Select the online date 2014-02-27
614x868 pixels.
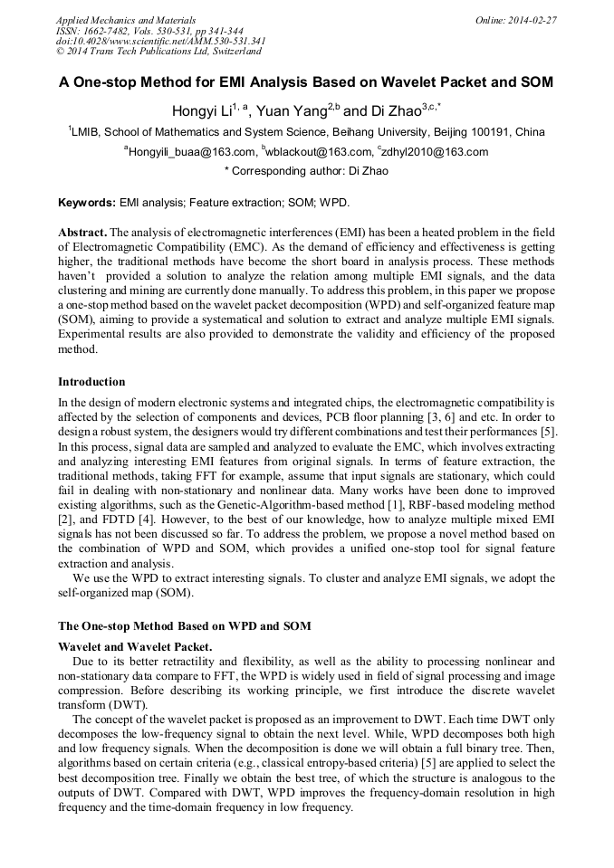[x=534, y=20]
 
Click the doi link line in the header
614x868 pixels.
[x=160, y=42]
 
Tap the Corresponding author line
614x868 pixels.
[x=306, y=171]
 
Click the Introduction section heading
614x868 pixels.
[x=91, y=382]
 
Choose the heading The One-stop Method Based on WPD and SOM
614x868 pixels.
[x=184, y=626]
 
